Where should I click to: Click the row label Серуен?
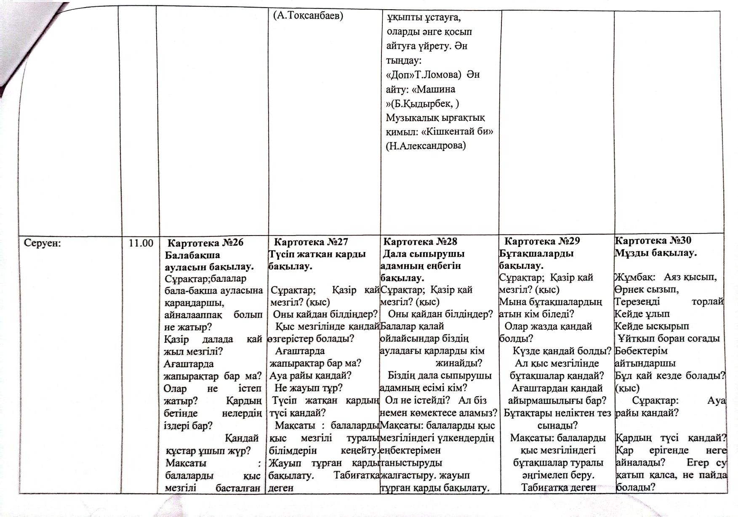(x=43, y=243)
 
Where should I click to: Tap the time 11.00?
(x=141, y=243)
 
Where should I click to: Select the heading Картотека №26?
(x=205, y=243)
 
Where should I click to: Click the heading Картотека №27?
(x=311, y=242)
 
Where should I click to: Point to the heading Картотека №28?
(x=420, y=241)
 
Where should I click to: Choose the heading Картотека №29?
(x=542, y=241)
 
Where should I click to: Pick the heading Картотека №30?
(x=653, y=240)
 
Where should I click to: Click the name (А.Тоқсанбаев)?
(x=308, y=16)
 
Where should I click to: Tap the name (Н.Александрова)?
(x=426, y=146)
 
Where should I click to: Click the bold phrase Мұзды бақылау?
(x=656, y=253)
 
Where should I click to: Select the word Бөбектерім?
(x=635, y=351)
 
